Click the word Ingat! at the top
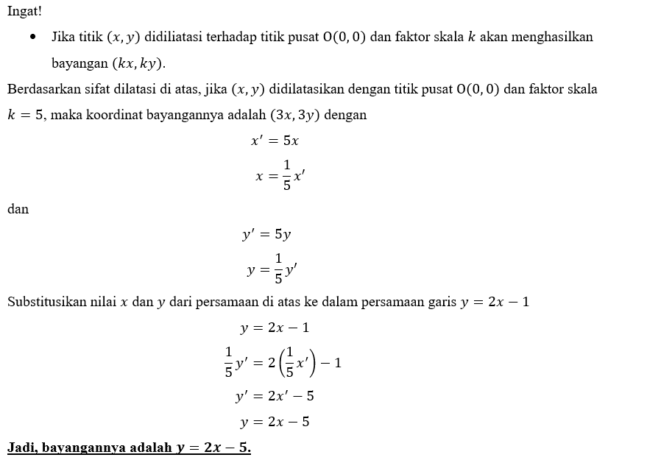[x=24, y=12]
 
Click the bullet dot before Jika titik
[x=32, y=37]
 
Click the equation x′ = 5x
[x=275, y=141]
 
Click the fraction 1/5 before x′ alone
[x=286, y=174]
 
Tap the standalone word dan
[x=18, y=209]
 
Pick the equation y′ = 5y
[x=266, y=235]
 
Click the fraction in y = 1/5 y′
[x=278, y=268]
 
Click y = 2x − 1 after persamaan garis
[x=495, y=302]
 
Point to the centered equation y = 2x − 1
[x=275, y=328]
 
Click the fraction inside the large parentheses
[x=289, y=361]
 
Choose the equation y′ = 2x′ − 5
[x=275, y=396]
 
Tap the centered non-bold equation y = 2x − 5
[x=275, y=422]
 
